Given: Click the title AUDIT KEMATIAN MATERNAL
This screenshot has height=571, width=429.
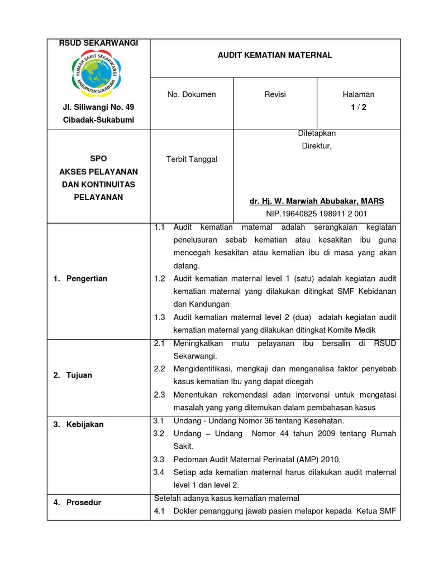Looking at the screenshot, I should (x=275, y=55).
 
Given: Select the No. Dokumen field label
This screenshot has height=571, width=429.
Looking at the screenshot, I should (x=192, y=95).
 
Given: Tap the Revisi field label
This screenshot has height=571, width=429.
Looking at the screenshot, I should (x=275, y=95).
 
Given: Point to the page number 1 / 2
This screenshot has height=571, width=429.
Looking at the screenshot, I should (x=359, y=108).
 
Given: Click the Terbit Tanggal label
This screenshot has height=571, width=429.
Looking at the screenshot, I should (x=192, y=159).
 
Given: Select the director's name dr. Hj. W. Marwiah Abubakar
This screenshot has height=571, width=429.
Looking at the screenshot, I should (x=317, y=201).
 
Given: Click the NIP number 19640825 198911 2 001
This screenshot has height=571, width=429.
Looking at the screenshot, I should (x=317, y=214).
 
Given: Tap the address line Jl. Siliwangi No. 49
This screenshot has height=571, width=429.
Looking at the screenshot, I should (x=98, y=107).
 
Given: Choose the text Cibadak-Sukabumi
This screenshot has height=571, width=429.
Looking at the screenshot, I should (x=98, y=120).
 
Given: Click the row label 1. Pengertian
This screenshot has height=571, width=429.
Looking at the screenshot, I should (x=80, y=278).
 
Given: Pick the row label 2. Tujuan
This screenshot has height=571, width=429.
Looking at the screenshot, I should (x=73, y=375).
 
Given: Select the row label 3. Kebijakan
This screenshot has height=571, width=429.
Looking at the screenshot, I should (x=78, y=424).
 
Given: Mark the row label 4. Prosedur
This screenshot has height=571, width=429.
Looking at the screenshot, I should (x=78, y=502).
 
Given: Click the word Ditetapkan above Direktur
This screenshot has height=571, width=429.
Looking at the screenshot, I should (x=317, y=133).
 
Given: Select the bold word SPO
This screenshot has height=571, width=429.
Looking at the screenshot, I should (x=98, y=159).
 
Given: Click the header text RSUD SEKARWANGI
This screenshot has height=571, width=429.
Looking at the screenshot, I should (x=98, y=43).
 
